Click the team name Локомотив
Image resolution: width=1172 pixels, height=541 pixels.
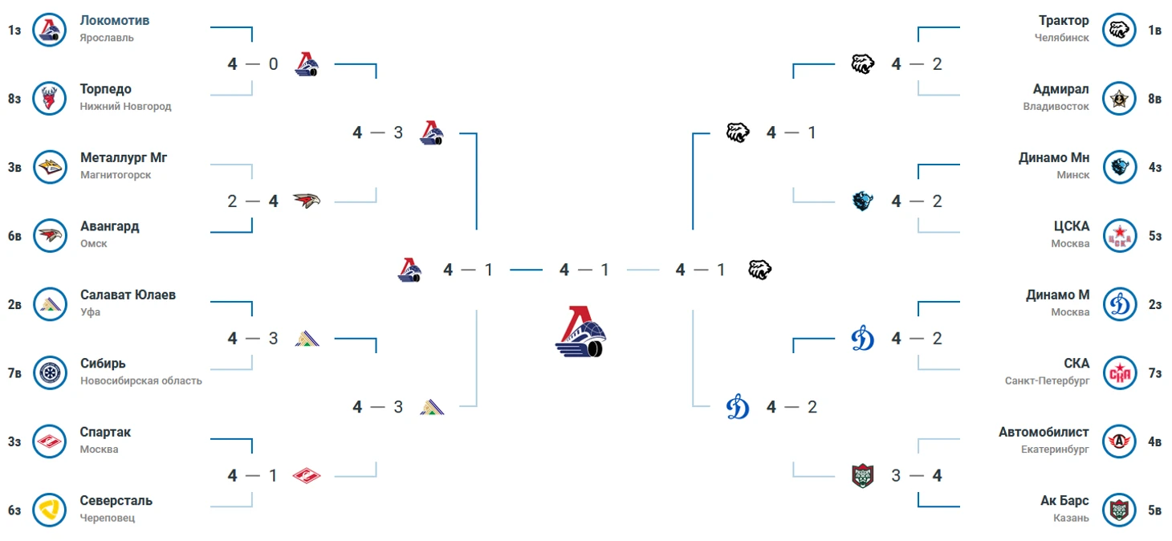click(115, 20)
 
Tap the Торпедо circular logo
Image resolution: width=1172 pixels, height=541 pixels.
click(50, 99)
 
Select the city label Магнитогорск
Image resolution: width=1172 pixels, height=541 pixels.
click(116, 175)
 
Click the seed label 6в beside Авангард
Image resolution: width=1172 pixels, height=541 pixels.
click(14, 236)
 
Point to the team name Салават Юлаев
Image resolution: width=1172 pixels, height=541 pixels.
click(128, 295)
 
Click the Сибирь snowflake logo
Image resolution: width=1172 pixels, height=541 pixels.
click(50, 373)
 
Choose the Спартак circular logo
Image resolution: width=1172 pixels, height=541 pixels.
click(50, 441)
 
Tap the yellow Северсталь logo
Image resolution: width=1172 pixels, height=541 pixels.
click(50, 510)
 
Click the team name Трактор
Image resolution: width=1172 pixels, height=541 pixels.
click(1064, 20)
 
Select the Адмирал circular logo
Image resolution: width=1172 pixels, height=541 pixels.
click(1119, 99)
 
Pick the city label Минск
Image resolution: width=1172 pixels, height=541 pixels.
click(1072, 175)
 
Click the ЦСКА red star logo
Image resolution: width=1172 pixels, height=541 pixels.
click(1119, 236)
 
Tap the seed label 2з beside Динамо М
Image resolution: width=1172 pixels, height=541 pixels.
click(1154, 304)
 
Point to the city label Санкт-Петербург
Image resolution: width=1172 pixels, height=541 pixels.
click(1047, 380)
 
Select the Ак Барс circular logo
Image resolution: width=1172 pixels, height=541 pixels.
click(1119, 510)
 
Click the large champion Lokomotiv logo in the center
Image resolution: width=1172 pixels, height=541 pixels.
click(580, 332)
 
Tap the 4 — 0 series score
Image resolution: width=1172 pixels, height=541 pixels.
click(253, 64)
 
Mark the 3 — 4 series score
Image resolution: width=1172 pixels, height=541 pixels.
click(916, 476)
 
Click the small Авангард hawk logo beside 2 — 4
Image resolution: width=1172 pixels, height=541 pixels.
click(307, 201)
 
